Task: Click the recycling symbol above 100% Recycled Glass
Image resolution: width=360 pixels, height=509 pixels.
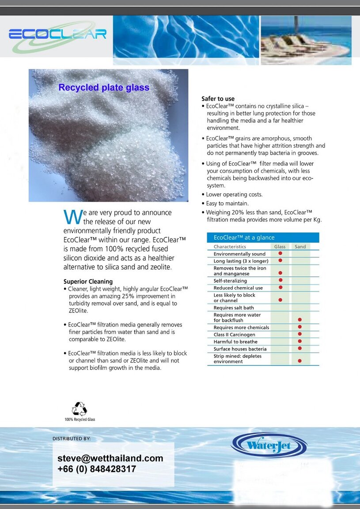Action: pyautogui.click(x=80, y=409)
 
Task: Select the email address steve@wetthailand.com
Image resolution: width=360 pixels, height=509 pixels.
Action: pyautogui.click(x=110, y=458)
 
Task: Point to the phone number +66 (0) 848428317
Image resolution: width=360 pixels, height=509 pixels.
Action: pyautogui.click(x=97, y=469)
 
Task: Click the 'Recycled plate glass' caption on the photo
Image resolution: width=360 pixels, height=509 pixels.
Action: pyautogui.click(x=104, y=87)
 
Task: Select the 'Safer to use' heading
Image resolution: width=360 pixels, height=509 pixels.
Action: pyautogui.click(x=218, y=99)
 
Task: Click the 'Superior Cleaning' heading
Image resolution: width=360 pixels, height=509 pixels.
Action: pyautogui.click(x=88, y=281)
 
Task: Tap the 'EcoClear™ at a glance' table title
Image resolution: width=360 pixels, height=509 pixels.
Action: pyautogui.click(x=244, y=237)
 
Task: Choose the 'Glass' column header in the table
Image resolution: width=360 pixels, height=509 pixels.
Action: pyautogui.click(x=280, y=247)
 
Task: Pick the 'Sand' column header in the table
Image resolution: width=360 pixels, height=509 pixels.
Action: pyautogui.click(x=300, y=247)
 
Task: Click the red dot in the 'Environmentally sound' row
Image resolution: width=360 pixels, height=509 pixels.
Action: pyautogui.click(x=280, y=254)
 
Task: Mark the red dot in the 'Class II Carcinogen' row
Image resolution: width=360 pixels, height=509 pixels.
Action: pyautogui.click(x=300, y=334)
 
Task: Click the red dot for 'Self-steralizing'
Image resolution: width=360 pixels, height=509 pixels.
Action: pyautogui.click(x=280, y=280)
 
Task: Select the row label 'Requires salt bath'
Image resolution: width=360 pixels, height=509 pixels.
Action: pyautogui.click(x=234, y=308)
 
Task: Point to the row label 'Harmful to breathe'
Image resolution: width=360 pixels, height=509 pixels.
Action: pyautogui.click(x=235, y=342)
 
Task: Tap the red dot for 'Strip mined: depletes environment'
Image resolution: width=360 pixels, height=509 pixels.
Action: pyautogui.click(x=300, y=361)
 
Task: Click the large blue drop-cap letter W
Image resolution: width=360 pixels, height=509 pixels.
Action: pyautogui.click(x=72, y=217)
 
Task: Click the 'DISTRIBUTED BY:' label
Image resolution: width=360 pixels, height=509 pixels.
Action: pyautogui.click(x=72, y=439)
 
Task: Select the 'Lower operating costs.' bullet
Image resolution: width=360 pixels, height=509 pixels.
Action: pyautogui.click(x=234, y=194)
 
